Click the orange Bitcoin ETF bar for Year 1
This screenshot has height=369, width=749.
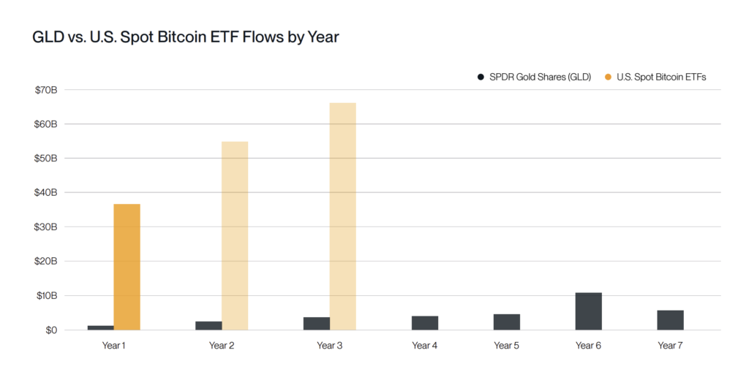click(127, 267)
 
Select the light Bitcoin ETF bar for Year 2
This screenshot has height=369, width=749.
click(235, 235)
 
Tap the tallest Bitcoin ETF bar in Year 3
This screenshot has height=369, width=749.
click(342, 216)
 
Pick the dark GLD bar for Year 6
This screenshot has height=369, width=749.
click(588, 311)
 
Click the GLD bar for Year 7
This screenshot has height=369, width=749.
click(670, 320)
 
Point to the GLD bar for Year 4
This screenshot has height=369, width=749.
click(425, 323)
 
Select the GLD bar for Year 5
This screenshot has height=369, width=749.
click(506, 322)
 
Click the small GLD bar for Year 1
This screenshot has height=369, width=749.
click(100, 327)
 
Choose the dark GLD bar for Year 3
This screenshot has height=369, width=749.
click(316, 324)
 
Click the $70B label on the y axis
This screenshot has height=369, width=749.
click(45, 90)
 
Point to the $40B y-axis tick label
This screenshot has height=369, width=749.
click(45, 193)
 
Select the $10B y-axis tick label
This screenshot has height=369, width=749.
click(45, 296)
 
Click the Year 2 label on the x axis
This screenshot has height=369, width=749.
click(222, 346)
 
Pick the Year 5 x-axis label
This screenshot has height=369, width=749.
click(506, 346)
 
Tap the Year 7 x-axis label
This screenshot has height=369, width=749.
click(670, 346)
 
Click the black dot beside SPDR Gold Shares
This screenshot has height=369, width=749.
click(481, 77)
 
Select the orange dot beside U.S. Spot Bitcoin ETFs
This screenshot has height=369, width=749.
click(608, 77)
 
